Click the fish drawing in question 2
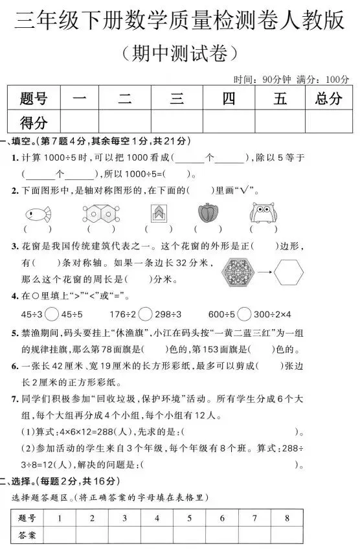(38, 213)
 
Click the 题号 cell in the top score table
(34, 99)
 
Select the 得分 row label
(34, 121)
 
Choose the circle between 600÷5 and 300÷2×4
(244, 314)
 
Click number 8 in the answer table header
(287, 517)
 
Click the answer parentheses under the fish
(38, 229)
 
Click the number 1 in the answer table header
(60, 517)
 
